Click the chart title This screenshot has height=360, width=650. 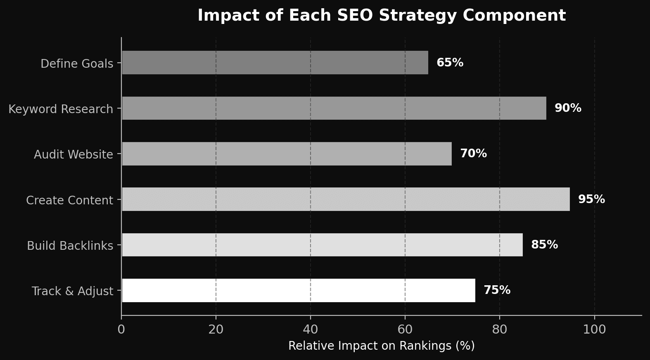click(381, 16)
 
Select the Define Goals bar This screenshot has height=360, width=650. click(275, 63)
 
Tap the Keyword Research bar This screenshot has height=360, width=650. click(334, 108)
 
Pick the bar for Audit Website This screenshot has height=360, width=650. click(287, 154)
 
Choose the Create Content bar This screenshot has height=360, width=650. click(346, 199)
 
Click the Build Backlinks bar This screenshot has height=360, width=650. click(322, 245)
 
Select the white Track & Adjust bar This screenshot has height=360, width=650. click(298, 290)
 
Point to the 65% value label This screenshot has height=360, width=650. click(450, 63)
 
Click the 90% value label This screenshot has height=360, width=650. click(568, 108)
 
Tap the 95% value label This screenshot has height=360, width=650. click(591, 199)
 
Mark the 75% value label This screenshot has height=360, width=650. click(497, 290)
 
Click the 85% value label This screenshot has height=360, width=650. click(544, 245)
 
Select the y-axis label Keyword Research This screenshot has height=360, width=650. click(61, 109)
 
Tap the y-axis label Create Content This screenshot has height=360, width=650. click(69, 200)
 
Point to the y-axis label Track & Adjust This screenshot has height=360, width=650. click(72, 291)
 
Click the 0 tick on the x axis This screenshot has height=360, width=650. click(121, 329)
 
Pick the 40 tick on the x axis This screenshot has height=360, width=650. click(311, 329)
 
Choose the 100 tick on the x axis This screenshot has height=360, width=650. click(594, 329)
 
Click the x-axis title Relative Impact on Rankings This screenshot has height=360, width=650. click(381, 346)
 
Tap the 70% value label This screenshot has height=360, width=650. click(473, 154)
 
